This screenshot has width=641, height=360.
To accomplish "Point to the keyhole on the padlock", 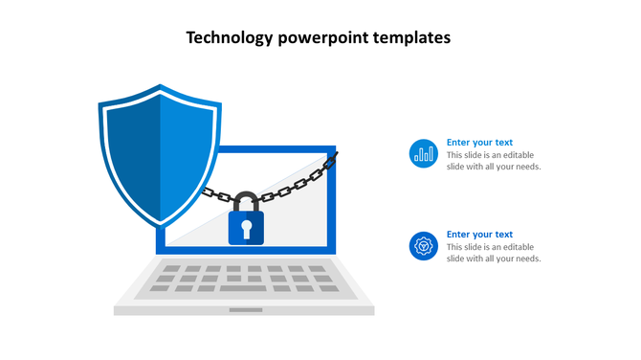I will [x=246, y=228].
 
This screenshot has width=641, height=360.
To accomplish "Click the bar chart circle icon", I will [x=423, y=153].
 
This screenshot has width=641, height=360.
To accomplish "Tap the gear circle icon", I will [x=423, y=246].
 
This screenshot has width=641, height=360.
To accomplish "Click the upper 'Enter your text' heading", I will [x=479, y=143].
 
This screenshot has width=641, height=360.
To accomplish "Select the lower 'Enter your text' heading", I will [x=479, y=235].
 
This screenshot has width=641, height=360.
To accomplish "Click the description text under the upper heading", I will [x=494, y=161].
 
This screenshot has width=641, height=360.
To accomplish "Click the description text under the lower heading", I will [x=494, y=253].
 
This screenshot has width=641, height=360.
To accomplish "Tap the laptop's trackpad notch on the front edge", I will [x=245, y=309].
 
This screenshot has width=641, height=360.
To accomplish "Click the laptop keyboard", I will [x=245, y=278].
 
